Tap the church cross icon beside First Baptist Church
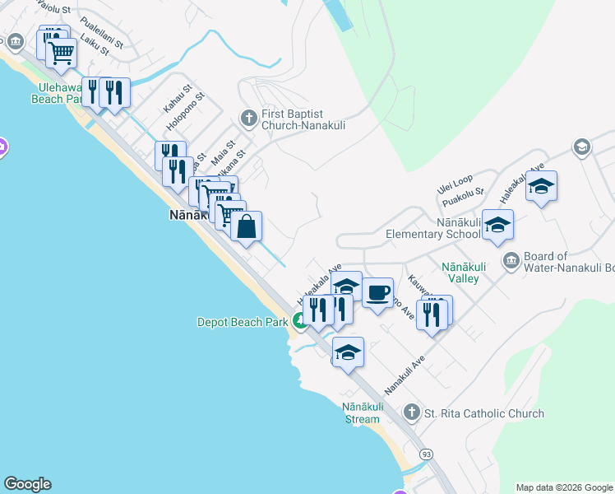point(248,119)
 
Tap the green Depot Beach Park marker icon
point(300,323)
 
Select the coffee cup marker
point(377,292)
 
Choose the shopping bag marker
point(246,226)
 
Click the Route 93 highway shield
point(425,454)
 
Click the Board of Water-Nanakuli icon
point(511,261)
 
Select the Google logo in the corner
point(27,484)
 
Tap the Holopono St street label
point(184,110)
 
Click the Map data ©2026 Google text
point(564,487)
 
